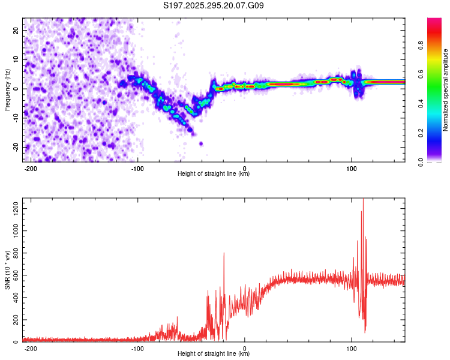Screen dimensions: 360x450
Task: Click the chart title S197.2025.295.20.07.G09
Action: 214,6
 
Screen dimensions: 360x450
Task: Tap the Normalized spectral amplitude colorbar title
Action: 446,90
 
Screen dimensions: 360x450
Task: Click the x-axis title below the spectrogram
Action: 214,174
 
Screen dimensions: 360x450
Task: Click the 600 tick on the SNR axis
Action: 15,275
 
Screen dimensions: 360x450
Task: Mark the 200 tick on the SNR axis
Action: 15,320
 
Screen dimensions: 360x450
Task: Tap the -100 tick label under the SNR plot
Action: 137,349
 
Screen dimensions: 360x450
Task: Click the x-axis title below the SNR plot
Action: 214,354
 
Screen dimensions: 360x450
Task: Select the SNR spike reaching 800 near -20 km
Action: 224,253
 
